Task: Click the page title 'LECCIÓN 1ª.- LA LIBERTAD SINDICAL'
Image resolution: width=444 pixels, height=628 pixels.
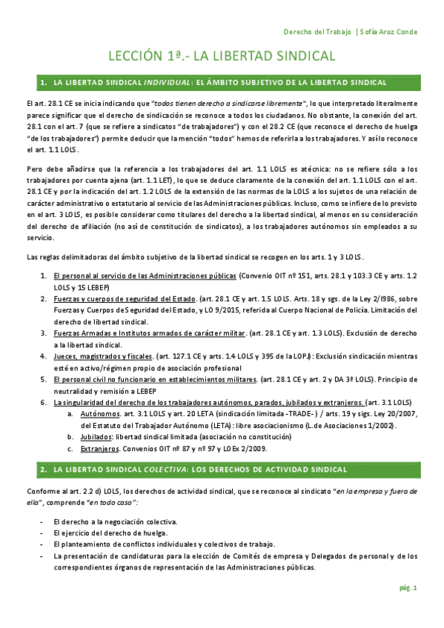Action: pos(222,56)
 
